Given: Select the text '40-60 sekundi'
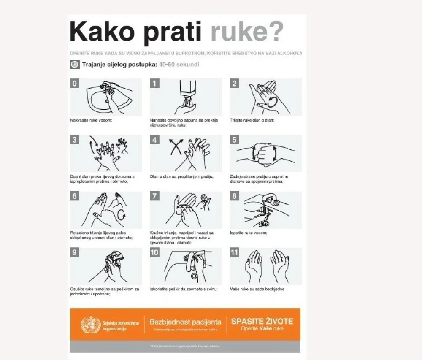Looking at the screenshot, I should click(179, 65).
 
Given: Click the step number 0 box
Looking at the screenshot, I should click(75, 84).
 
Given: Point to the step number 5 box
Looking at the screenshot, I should click(235, 140).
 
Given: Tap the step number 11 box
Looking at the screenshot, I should click(235, 252).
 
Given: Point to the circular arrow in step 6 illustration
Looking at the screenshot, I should click(122, 214).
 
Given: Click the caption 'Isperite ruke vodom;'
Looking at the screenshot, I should click(249, 233).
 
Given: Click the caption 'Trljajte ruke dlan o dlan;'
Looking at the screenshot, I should click(252, 120).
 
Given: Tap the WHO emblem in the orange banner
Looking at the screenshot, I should click(91, 325).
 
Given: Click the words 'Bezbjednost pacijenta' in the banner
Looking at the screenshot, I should click(185, 322).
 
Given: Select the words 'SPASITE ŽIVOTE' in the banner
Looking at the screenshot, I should click(262, 321).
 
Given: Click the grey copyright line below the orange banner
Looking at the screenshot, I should click(185, 346).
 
